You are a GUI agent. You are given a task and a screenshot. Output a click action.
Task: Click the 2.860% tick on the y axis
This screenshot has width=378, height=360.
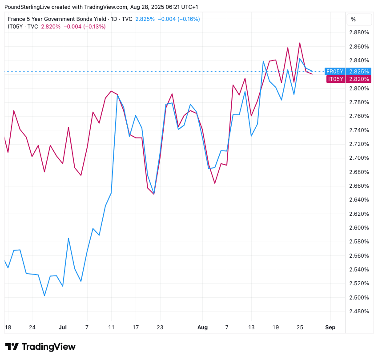(x=359, y=47)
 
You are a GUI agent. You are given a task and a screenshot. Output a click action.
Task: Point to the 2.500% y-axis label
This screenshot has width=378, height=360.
(x=359, y=297)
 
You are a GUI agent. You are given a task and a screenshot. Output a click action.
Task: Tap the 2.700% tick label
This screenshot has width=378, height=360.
(x=359, y=158)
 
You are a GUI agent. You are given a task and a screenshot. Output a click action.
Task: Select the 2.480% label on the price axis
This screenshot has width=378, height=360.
(x=359, y=311)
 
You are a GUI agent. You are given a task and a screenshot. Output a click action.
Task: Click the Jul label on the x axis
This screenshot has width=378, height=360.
(x=63, y=328)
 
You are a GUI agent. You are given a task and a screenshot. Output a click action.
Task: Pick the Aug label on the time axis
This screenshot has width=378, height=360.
(x=203, y=328)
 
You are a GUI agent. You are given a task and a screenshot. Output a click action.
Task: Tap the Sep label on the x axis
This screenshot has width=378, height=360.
(x=330, y=328)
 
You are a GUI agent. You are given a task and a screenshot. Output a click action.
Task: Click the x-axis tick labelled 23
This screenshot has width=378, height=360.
(x=160, y=328)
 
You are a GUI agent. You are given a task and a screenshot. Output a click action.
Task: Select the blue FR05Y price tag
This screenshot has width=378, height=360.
(x=335, y=72)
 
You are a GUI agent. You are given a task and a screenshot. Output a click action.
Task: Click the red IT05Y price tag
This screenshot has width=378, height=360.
(x=336, y=79)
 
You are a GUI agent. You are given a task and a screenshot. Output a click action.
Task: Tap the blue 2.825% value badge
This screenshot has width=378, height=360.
(x=359, y=72)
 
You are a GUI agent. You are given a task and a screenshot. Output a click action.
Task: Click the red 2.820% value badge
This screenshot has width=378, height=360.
(x=359, y=79)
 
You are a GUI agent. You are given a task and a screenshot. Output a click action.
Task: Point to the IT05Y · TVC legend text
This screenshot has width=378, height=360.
(x=23, y=27)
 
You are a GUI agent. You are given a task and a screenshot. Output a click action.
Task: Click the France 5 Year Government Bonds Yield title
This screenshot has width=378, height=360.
(x=57, y=19)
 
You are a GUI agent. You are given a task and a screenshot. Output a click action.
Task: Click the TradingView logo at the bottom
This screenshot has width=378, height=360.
(x=40, y=347)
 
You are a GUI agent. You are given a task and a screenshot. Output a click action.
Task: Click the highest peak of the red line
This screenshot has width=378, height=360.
(x=300, y=43)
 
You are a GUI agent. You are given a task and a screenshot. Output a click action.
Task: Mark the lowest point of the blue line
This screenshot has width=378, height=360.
(x=44, y=295)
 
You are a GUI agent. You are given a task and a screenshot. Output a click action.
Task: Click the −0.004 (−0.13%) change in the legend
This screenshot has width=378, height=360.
(x=84, y=27)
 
